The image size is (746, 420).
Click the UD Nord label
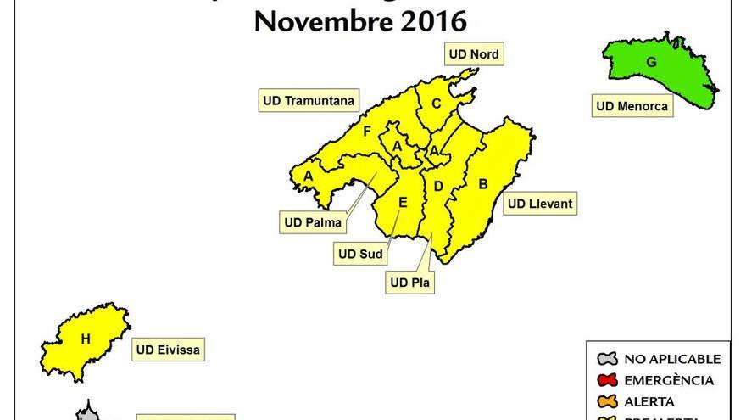click(x=474, y=54)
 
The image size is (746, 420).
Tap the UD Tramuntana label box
click(x=309, y=100)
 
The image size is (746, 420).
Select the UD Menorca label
click(x=632, y=106)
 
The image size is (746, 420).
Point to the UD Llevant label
click(x=540, y=204)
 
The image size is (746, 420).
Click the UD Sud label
click(x=360, y=254)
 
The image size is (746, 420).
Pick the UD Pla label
click(x=410, y=283)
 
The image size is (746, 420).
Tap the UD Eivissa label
click(x=169, y=349)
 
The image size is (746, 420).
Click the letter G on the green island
click(x=651, y=62)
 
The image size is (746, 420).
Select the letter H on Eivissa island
click(x=86, y=339)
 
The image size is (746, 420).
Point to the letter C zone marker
click(x=436, y=104)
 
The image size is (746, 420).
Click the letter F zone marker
click(x=367, y=132)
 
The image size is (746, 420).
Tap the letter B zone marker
click(x=483, y=183)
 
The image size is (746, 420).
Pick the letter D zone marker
click(x=438, y=186)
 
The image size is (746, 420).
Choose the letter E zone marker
click(x=403, y=202)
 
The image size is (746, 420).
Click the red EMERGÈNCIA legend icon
click(x=608, y=380)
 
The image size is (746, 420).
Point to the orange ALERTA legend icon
click(x=608, y=401)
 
